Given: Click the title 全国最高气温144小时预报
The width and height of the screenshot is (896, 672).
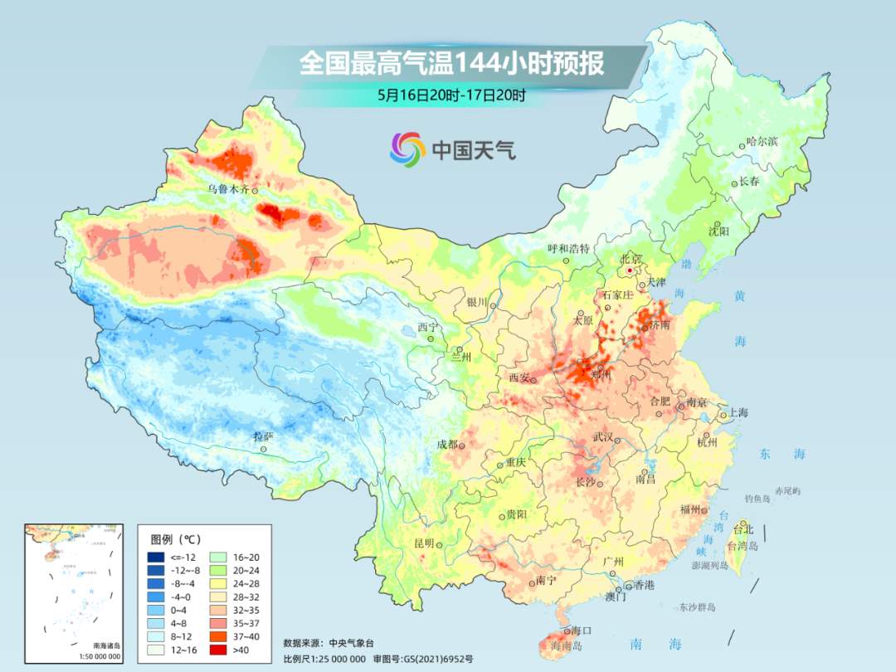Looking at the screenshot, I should coord(451,64).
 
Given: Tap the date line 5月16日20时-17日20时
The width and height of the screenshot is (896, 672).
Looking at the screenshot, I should coord(451,95).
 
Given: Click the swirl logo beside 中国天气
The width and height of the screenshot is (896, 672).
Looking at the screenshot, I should coord(407,149).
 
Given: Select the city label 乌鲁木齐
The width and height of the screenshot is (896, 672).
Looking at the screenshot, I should coord(228,189).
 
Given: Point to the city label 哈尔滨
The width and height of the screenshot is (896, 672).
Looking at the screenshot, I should coord(762,142).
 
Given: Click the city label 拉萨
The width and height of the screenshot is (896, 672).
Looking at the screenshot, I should coord(263,436).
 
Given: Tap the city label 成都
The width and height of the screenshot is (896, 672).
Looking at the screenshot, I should coord(447,445).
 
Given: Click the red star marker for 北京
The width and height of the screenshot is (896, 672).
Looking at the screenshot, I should coord(631,270).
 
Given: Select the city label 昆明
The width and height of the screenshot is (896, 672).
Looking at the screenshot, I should coord(424,543).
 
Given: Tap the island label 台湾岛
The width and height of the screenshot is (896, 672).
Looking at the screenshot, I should coord(743,546).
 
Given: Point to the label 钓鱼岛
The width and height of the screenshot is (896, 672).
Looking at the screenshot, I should coord(758,499).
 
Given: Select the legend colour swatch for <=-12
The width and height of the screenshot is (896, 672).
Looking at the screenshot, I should coord(156,556).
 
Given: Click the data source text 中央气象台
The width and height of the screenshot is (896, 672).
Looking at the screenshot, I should coord(352,642).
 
